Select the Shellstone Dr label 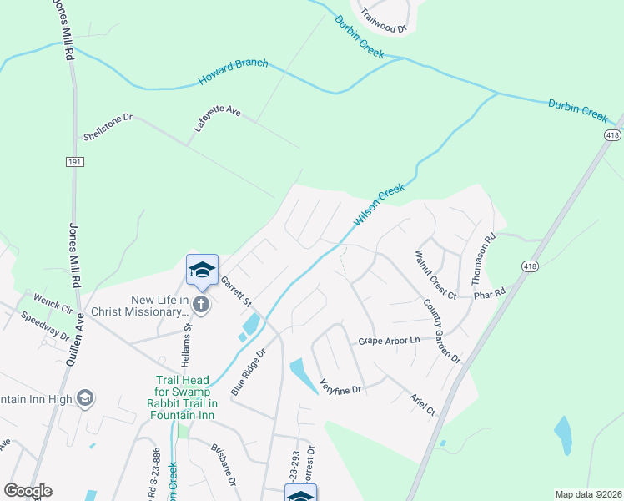pos(108,127)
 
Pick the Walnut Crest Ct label pos(434,274)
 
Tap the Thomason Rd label pos(491,248)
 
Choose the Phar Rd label pos(489,294)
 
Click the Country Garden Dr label pos(441,331)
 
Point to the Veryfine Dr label pos(338,388)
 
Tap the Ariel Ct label pos(423,405)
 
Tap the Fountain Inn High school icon pos(84,398)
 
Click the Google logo pos(28,491)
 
